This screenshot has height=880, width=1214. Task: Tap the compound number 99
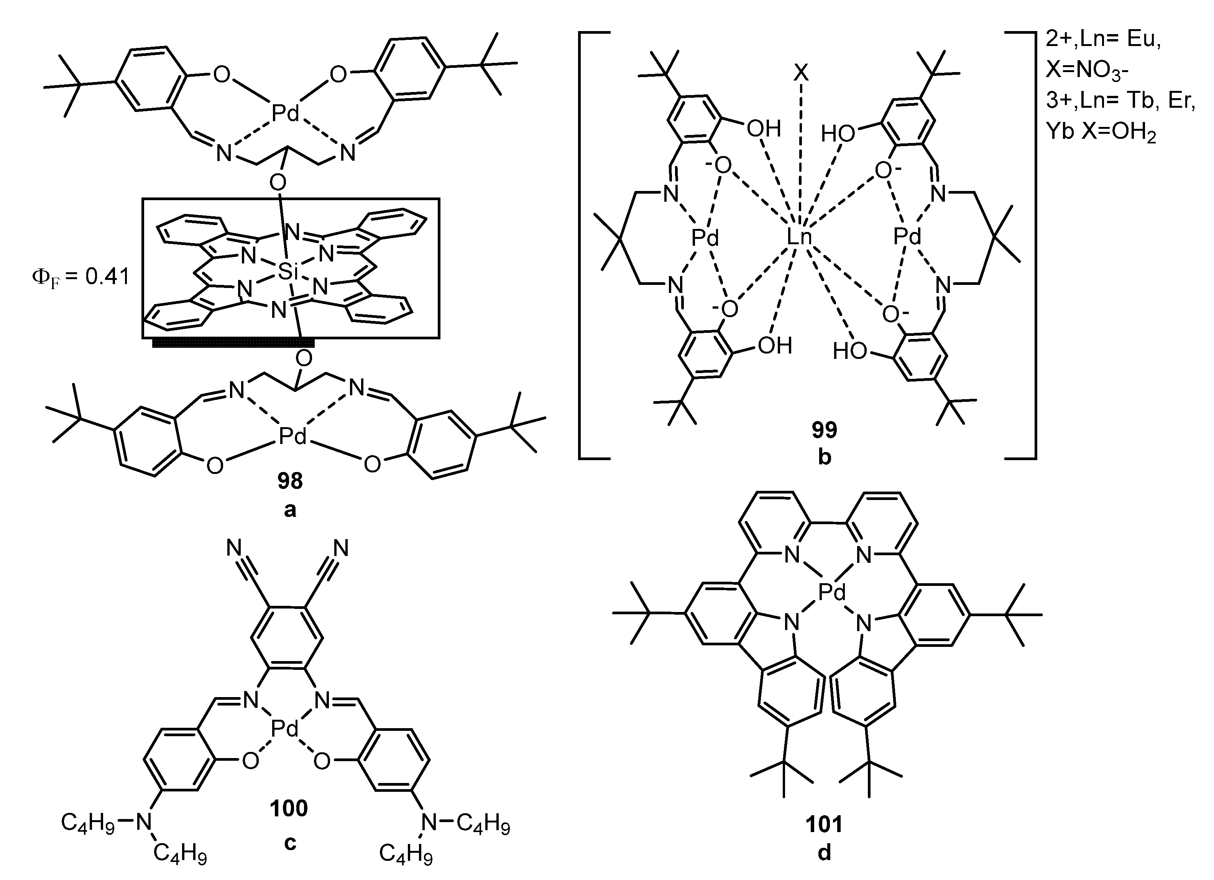[824, 429]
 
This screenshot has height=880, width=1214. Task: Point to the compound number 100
[289, 808]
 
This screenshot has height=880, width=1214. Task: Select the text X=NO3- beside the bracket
[1087, 69]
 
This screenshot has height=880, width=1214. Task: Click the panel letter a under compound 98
[289, 510]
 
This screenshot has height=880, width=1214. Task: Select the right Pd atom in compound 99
[908, 237]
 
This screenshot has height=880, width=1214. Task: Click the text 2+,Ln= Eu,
[1103, 39]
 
